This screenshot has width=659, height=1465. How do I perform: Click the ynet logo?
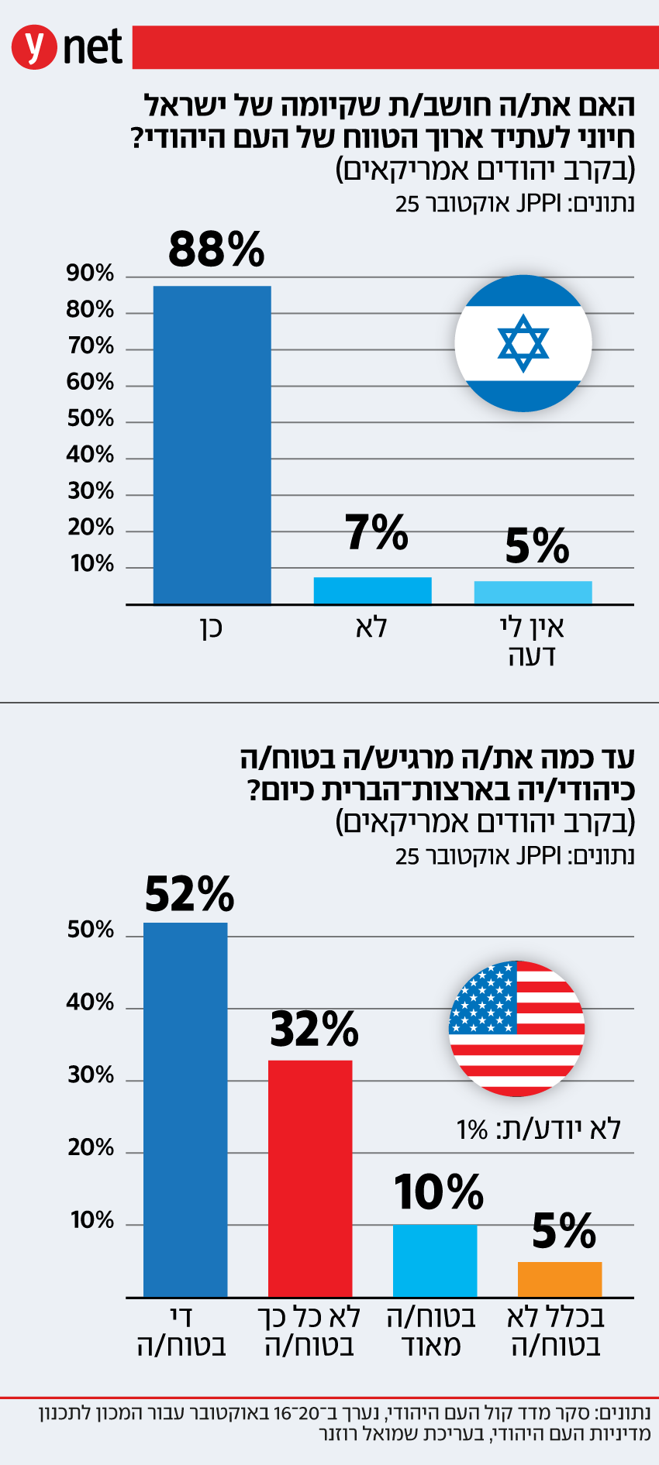67,48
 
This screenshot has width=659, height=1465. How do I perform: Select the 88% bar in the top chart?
212,445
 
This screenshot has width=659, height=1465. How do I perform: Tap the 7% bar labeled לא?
372,590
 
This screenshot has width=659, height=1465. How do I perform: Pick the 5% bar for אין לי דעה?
533,593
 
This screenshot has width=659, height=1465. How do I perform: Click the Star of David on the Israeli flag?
523,343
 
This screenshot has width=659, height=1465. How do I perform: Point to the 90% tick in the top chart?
90,273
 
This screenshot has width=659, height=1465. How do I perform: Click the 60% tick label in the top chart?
90,382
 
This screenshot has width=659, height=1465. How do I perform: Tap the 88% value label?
216,249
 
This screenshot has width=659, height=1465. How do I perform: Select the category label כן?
212,627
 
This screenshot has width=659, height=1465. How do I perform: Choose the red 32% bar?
310,1178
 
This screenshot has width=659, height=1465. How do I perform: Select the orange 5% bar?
560,1279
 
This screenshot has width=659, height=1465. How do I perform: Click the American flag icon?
516,1028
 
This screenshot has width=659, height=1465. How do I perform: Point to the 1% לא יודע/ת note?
539,1129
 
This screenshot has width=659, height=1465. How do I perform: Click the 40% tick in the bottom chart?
90,1002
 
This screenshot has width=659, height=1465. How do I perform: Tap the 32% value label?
314,1029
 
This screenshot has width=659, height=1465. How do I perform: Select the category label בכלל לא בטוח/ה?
556,1331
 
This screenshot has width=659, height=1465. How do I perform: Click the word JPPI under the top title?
538,204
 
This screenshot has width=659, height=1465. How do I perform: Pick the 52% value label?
189,894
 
